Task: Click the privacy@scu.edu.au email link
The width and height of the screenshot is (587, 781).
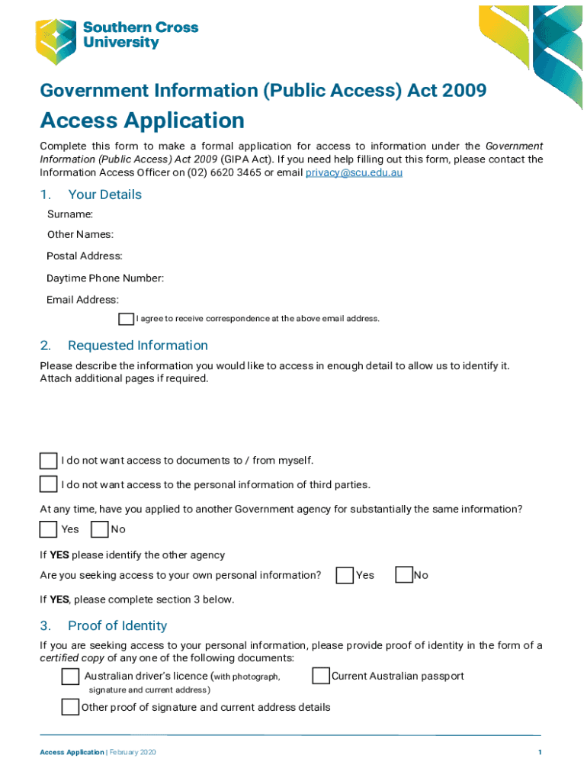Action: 354,173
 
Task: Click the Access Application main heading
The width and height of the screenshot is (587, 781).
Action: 142,121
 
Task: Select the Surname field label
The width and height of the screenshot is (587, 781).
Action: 70,214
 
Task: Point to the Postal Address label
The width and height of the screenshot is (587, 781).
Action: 84,256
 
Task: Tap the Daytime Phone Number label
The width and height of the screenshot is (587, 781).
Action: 104,278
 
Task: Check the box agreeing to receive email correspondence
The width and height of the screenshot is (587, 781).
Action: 126,318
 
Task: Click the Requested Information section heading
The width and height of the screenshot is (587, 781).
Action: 137,346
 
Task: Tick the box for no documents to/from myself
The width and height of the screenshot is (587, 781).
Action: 49,461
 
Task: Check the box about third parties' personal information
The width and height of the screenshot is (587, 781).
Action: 49,484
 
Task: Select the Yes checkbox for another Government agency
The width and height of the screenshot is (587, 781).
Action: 49,529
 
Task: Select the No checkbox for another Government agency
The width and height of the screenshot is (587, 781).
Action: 99,529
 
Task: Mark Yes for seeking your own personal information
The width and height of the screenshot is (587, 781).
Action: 345,575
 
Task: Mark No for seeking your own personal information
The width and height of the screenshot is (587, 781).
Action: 403,575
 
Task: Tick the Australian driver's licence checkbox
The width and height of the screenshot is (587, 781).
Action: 70,677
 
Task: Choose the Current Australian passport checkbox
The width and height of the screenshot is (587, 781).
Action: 321,676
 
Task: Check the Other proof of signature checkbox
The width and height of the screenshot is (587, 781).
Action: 70,707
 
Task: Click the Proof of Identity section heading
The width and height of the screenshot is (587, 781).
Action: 117,625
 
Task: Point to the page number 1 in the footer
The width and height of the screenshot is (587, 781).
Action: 539,753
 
